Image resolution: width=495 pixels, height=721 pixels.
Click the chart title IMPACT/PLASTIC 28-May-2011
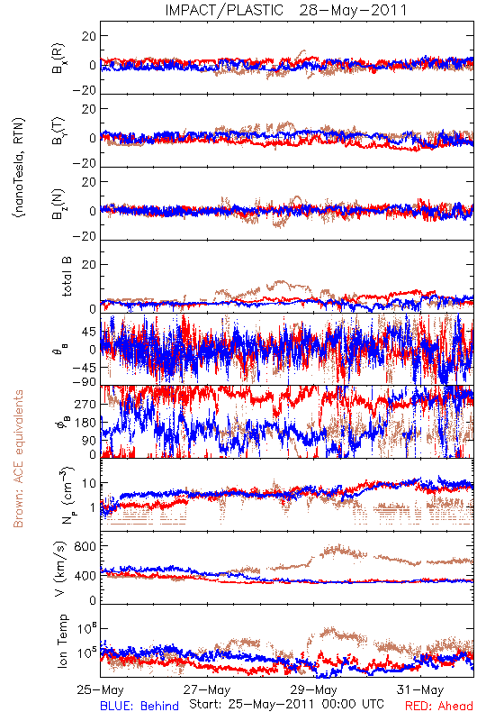pyautogui.click(x=286, y=10)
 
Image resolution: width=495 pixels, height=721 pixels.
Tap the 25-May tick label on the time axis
pyautogui.click(x=100, y=689)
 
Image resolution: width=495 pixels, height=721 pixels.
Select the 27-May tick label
pyautogui.click(x=207, y=689)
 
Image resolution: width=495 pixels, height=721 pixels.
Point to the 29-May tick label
pyautogui.click(x=313, y=689)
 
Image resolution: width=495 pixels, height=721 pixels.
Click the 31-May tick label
pyautogui.click(x=420, y=689)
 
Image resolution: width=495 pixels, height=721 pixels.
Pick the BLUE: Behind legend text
pyautogui.click(x=139, y=706)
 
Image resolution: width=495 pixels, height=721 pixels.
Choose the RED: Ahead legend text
pyautogui.click(x=439, y=706)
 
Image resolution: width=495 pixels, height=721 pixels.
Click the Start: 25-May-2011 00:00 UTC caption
pyautogui.click(x=286, y=704)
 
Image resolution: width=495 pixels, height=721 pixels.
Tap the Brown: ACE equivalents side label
pyautogui.click(x=18, y=459)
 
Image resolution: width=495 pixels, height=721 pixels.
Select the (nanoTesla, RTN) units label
pyautogui.click(x=19, y=167)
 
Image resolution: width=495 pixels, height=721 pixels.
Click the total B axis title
pyautogui.click(x=67, y=277)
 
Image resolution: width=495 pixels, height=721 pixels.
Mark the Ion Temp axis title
pyautogui.click(x=63, y=641)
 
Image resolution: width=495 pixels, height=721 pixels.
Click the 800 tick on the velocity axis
pyautogui.click(x=85, y=546)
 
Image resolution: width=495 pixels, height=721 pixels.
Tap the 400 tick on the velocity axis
pyautogui.click(x=85, y=575)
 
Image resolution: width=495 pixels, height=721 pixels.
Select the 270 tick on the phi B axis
pyautogui.click(x=85, y=404)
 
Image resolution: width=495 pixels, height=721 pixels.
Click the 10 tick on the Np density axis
pyautogui.click(x=89, y=484)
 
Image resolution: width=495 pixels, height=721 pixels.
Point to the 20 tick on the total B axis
pyautogui.click(x=89, y=264)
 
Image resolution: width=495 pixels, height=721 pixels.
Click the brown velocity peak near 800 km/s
pyautogui.click(x=338, y=547)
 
